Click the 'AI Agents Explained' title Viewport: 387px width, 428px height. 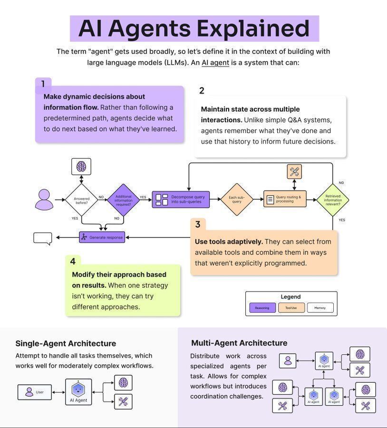[x=194, y=29]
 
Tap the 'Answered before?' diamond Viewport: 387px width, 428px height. [x=81, y=200]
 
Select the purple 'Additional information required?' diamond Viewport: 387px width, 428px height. [x=124, y=200]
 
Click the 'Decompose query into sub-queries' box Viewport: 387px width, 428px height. [x=181, y=199]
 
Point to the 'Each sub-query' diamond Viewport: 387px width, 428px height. [x=236, y=199]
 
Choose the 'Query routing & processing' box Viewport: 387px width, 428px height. [x=285, y=199]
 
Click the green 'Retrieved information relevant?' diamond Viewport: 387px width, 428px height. [x=332, y=200]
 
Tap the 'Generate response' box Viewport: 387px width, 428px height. [x=102, y=237]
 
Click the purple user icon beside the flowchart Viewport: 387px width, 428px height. [x=44, y=200]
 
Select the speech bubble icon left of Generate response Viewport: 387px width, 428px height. [x=43, y=238]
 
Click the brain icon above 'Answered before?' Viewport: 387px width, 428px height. [x=81, y=166]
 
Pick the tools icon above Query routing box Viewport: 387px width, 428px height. [x=294, y=172]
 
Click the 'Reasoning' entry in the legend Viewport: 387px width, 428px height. [x=262, y=308]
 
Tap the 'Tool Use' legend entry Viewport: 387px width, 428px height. [x=291, y=308]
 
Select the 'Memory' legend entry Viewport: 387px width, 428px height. [x=320, y=308]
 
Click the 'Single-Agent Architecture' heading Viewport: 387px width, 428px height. [x=66, y=343]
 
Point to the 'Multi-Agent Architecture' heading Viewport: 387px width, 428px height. [x=239, y=343]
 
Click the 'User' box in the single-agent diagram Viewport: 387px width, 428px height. [x=35, y=392]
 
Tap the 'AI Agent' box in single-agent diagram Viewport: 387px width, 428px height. [x=78, y=392]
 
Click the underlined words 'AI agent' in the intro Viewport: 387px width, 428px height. [x=215, y=63]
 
